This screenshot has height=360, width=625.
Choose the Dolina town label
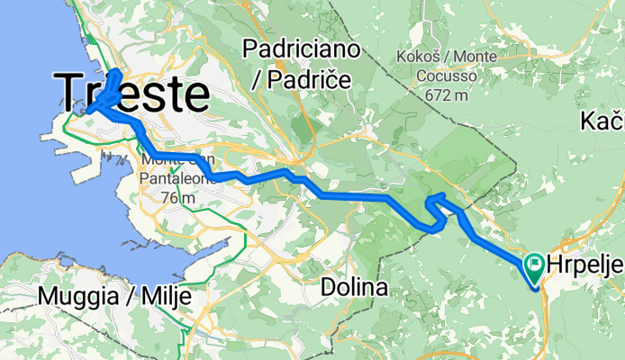click(x=355, y=289)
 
